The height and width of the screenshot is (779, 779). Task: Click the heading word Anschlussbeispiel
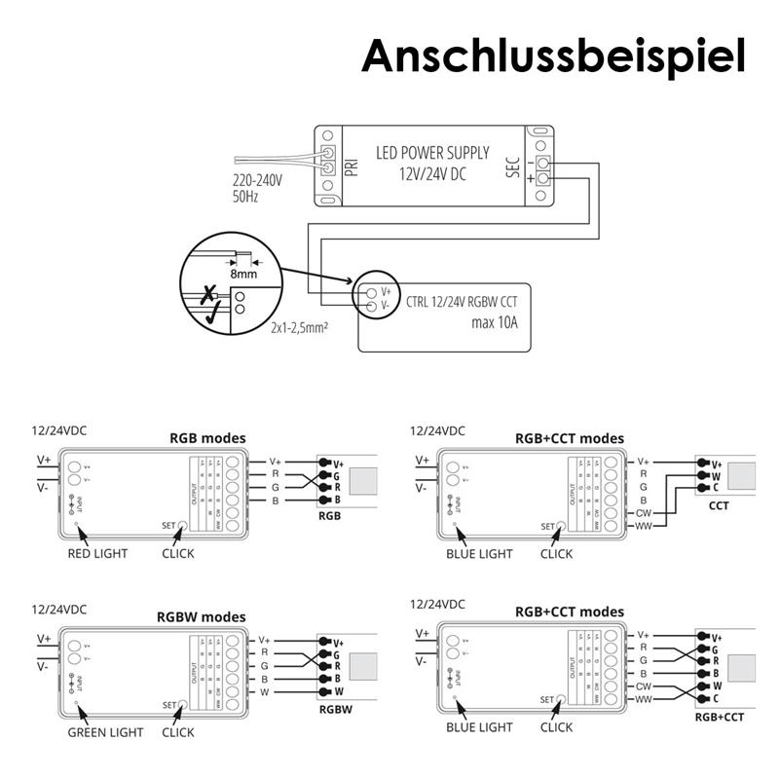coord(553,56)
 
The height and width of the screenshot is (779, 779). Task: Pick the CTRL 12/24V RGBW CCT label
coord(461,303)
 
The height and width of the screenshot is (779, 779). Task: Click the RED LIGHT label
coord(97,553)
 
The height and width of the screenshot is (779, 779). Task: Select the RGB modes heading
coord(207,438)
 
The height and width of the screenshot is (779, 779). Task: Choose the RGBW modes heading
coord(202,617)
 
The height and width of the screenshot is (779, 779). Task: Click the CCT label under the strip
coord(719,506)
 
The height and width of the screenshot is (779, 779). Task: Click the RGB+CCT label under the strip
coord(720,717)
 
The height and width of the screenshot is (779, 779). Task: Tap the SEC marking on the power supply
coord(513,167)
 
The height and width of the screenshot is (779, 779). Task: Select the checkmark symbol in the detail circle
coord(213,311)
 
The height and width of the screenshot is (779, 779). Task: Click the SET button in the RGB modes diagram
coord(182,525)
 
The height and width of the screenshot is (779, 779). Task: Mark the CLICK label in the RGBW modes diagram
coord(178,732)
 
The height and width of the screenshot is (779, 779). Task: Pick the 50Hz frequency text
coord(246,196)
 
